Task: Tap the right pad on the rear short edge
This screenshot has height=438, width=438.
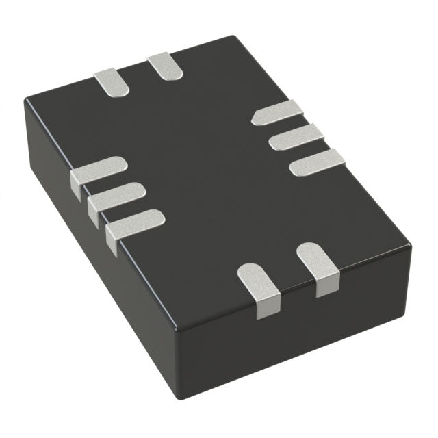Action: click(x=166, y=67)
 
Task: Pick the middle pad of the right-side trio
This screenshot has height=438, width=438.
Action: click(x=296, y=137)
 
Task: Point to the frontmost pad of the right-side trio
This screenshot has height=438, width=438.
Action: click(x=318, y=162)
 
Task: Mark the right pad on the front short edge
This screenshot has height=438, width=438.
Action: click(x=318, y=260)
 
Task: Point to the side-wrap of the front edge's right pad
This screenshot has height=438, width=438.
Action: click(x=328, y=286)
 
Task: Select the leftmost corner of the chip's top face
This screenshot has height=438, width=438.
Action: click(x=26, y=101)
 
